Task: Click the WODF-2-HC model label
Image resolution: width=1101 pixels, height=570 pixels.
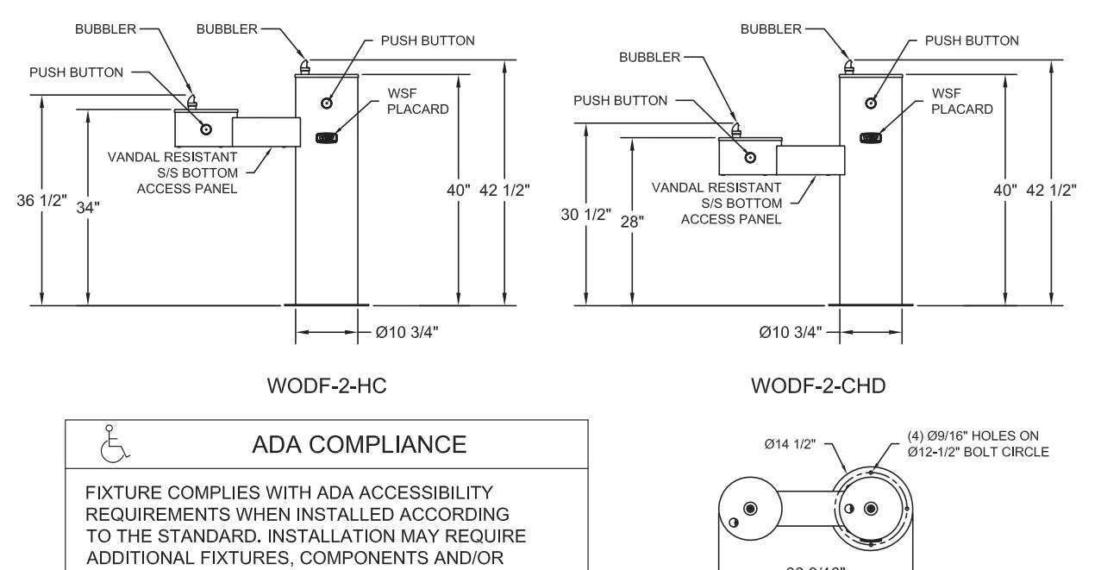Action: coord(327,385)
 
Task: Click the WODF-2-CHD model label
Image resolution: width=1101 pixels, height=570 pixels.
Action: coord(818,385)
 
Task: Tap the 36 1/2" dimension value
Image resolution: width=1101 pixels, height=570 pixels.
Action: coord(41,200)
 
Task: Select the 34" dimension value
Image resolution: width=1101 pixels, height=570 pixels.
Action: coord(88,207)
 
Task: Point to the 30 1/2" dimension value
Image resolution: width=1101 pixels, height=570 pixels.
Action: coord(585,214)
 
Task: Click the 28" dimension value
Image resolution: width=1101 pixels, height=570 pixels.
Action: coord(632,221)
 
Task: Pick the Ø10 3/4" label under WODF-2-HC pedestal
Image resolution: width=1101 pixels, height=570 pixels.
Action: coord(407,332)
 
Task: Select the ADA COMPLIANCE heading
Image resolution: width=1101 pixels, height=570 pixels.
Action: coord(359,444)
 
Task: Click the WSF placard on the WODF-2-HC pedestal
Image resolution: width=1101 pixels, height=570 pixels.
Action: coord(326,136)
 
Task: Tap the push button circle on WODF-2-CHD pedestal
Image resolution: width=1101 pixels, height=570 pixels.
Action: coord(871,103)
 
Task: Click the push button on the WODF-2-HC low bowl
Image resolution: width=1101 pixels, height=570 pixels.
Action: coord(206,129)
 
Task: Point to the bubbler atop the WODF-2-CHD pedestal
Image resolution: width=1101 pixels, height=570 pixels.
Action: coord(849,67)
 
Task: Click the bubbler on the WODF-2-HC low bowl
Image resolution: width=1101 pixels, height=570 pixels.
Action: coord(193,100)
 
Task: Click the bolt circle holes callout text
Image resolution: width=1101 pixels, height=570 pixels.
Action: coord(978,443)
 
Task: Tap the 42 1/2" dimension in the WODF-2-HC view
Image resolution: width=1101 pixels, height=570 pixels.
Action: coord(504,190)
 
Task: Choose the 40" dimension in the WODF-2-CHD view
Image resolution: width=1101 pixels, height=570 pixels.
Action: coord(1004,190)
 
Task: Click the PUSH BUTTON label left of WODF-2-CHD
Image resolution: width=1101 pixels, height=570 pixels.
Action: coord(621,101)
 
